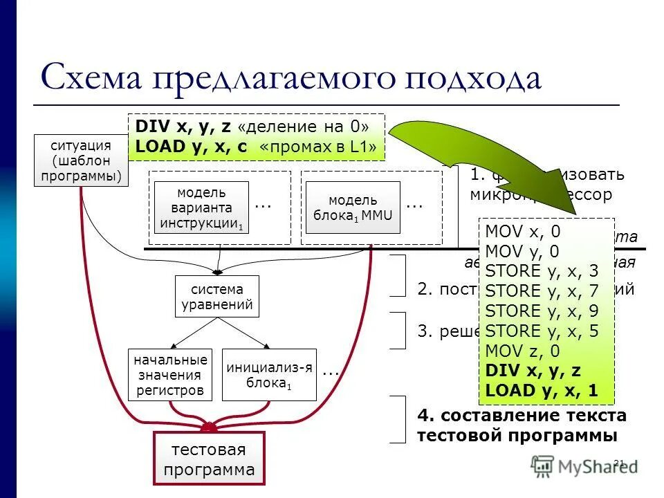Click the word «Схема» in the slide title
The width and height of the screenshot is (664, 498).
pos(92,77)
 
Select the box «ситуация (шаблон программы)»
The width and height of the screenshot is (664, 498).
pos(81,161)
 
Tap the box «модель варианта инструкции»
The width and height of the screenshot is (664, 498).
pos(201,207)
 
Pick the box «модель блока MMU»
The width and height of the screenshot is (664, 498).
pos(353,207)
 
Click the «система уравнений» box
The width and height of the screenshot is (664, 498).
pos(217,297)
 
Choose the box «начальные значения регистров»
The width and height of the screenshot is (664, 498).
pos(170,375)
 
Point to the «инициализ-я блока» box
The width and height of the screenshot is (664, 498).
pos(269,375)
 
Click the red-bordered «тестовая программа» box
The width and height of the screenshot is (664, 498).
pos(209,460)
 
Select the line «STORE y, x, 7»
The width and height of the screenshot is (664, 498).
pos(542,291)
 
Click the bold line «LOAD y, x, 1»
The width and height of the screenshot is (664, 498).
pos(542,390)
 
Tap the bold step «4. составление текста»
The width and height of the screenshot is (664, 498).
pos(522,415)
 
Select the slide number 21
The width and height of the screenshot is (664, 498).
pos(619,463)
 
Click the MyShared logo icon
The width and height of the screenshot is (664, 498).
pos(542,466)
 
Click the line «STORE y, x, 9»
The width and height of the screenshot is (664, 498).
pos(542,311)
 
